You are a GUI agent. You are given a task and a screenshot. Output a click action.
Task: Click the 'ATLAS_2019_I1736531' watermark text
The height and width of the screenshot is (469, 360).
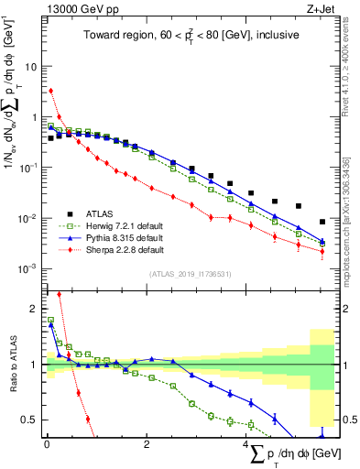pyautogui.click(x=190, y=274)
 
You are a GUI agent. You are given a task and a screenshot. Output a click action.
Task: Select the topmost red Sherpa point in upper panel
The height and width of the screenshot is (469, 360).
pyautogui.click(x=50, y=91)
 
